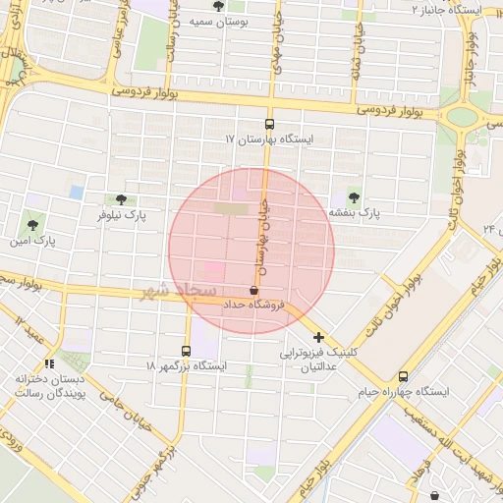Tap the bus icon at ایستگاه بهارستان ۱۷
tap(270, 124)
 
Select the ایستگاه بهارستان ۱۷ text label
tap(268, 140)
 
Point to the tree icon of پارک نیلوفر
tap(121, 198)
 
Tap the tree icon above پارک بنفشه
tap(354, 196)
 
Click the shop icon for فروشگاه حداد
tap(254, 290)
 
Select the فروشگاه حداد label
tap(253, 306)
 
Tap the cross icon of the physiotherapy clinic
tap(318, 337)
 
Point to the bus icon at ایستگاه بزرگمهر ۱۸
tap(187, 351)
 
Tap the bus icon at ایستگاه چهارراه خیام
tap(403, 376)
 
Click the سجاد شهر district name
tap(180, 289)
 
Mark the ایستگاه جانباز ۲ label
tap(455, 8)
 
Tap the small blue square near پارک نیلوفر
tap(77, 192)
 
